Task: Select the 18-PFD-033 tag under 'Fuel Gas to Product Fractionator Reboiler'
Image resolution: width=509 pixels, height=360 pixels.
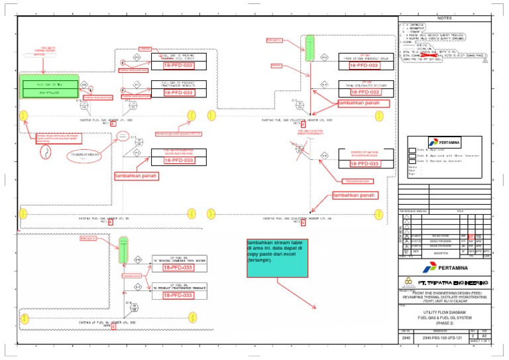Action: [x=178, y=93]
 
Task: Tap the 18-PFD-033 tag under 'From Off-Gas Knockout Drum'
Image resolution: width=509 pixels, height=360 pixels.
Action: [x=363, y=66]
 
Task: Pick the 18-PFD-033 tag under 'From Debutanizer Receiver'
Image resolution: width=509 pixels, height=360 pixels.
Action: [x=363, y=93]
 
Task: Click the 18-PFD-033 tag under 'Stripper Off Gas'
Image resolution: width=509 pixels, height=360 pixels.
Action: [x=363, y=162]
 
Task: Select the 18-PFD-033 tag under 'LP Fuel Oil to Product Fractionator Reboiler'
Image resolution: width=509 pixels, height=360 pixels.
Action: [x=178, y=295]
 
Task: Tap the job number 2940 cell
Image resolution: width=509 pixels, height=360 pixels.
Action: [x=406, y=338]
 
